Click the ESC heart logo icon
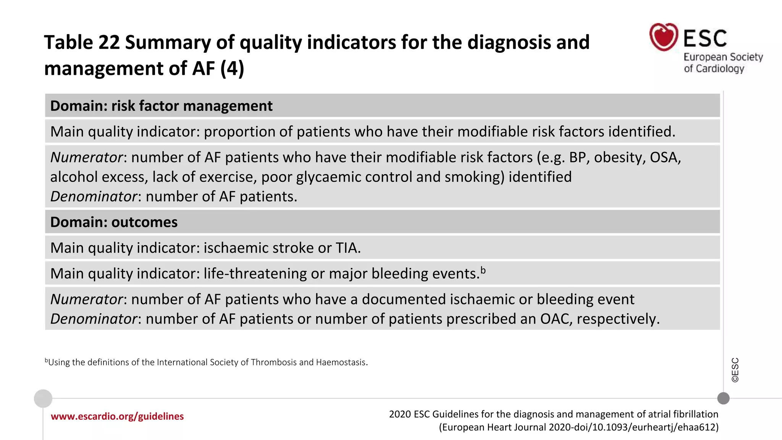click(x=664, y=37)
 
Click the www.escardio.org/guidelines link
click(x=117, y=416)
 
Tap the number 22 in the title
click(x=109, y=42)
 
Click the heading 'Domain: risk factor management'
click(x=161, y=106)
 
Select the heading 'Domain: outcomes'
click(x=114, y=222)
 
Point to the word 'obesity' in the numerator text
click(x=617, y=157)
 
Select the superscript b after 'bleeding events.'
click(x=483, y=270)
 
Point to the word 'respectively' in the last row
click(x=617, y=319)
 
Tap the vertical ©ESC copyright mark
click(x=735, y=370)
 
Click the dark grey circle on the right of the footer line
click(x=723, y=398)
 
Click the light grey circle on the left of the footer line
click(x=43, y=398)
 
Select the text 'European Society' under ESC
click(x=723, y=57)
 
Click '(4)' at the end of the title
click(x=232, y=69)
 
